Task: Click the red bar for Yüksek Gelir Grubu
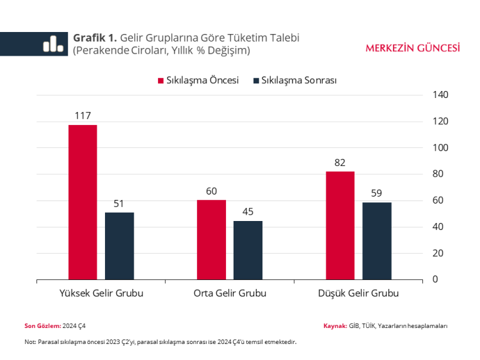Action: [x=83, y=202]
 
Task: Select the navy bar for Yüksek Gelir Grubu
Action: [x=120, y=245]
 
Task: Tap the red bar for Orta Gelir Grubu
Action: [x=211, y=240]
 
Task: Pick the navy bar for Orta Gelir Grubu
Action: [x=248, y=250]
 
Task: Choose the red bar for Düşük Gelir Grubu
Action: [x=340, y=225]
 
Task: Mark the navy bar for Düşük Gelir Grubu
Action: [x=376, y=240]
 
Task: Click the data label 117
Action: [x=83, y=116]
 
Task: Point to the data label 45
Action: [x=248, y=212]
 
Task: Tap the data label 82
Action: [x=340, y=163]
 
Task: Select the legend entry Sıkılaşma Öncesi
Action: [x=198, y=81]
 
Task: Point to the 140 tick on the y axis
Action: [x=441, y=95]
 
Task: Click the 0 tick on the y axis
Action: [x=436, y=279]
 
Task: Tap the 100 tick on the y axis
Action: [x=441, y=148]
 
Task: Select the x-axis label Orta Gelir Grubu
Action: [x=230, y=293]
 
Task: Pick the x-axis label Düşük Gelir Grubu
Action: [x=358, y=293]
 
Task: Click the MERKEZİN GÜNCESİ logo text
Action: [x=412, y=47]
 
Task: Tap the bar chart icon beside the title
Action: [x=52, y=44]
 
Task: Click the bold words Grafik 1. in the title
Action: [x=95, y=38]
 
